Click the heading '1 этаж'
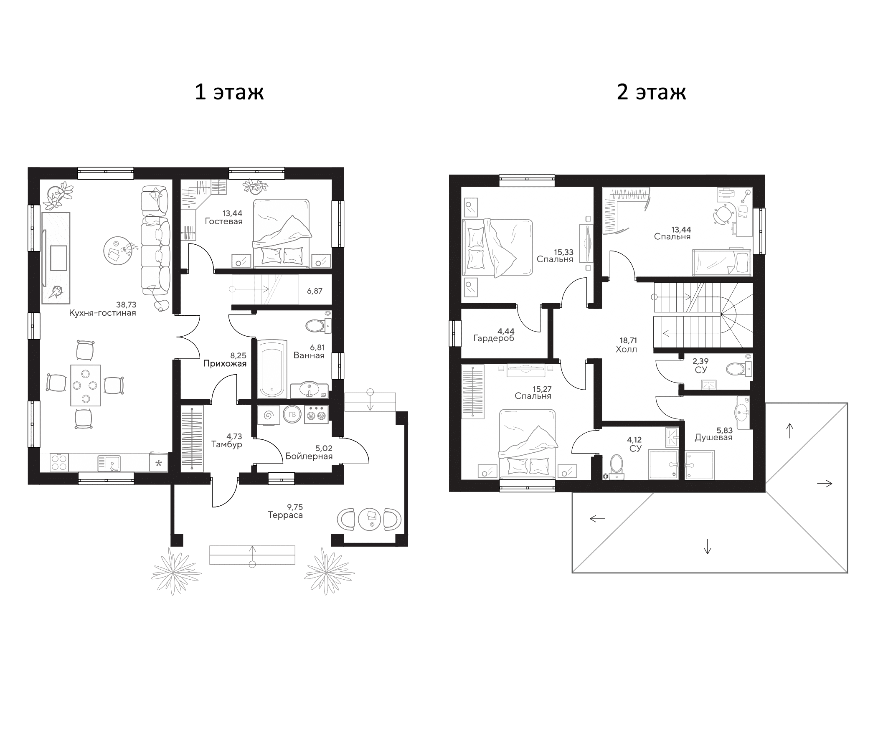[229, 92]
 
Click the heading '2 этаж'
[651, 92]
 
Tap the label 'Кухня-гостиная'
[103, 313]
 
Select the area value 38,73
[126, 305]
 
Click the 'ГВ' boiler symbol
[292, 415]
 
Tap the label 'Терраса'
[285, 515]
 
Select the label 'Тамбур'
[227, 444]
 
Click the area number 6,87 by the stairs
[315, 291]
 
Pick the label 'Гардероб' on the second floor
[494, 339]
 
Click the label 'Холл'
[626, 350]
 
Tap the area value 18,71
[628, 341]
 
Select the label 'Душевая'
[713, 438]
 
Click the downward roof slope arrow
[707, 549]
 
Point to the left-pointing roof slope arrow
[597, 518]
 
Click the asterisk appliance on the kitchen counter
[158, 463]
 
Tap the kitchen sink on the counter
[109, 463]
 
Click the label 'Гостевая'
[224, 222]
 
